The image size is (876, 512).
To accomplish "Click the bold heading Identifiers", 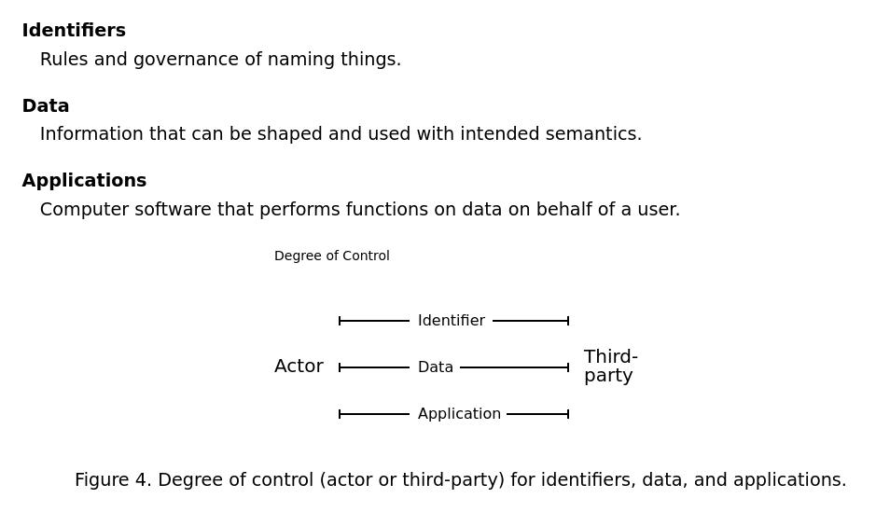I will point(74,31).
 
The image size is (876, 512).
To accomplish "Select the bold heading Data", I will point(46,106).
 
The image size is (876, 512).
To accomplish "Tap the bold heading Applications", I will point(84,181).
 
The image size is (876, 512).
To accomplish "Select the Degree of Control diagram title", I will point(331,256).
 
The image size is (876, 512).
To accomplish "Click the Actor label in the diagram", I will point(299,367).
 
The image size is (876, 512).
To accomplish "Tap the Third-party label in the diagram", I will point(610,367).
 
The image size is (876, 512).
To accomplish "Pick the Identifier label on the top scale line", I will point(451,321).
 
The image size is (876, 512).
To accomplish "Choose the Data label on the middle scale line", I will point(435,367).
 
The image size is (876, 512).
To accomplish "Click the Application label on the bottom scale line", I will point(459,414).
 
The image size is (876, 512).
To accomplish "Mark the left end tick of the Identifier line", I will point(340,321).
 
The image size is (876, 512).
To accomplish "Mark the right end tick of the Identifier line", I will point(568,321).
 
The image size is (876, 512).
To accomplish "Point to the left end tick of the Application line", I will point(340,414).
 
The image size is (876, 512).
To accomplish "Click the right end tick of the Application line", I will point(568,414).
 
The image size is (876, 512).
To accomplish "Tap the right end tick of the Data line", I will point(568,367).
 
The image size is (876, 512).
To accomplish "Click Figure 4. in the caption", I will point(113,480).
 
